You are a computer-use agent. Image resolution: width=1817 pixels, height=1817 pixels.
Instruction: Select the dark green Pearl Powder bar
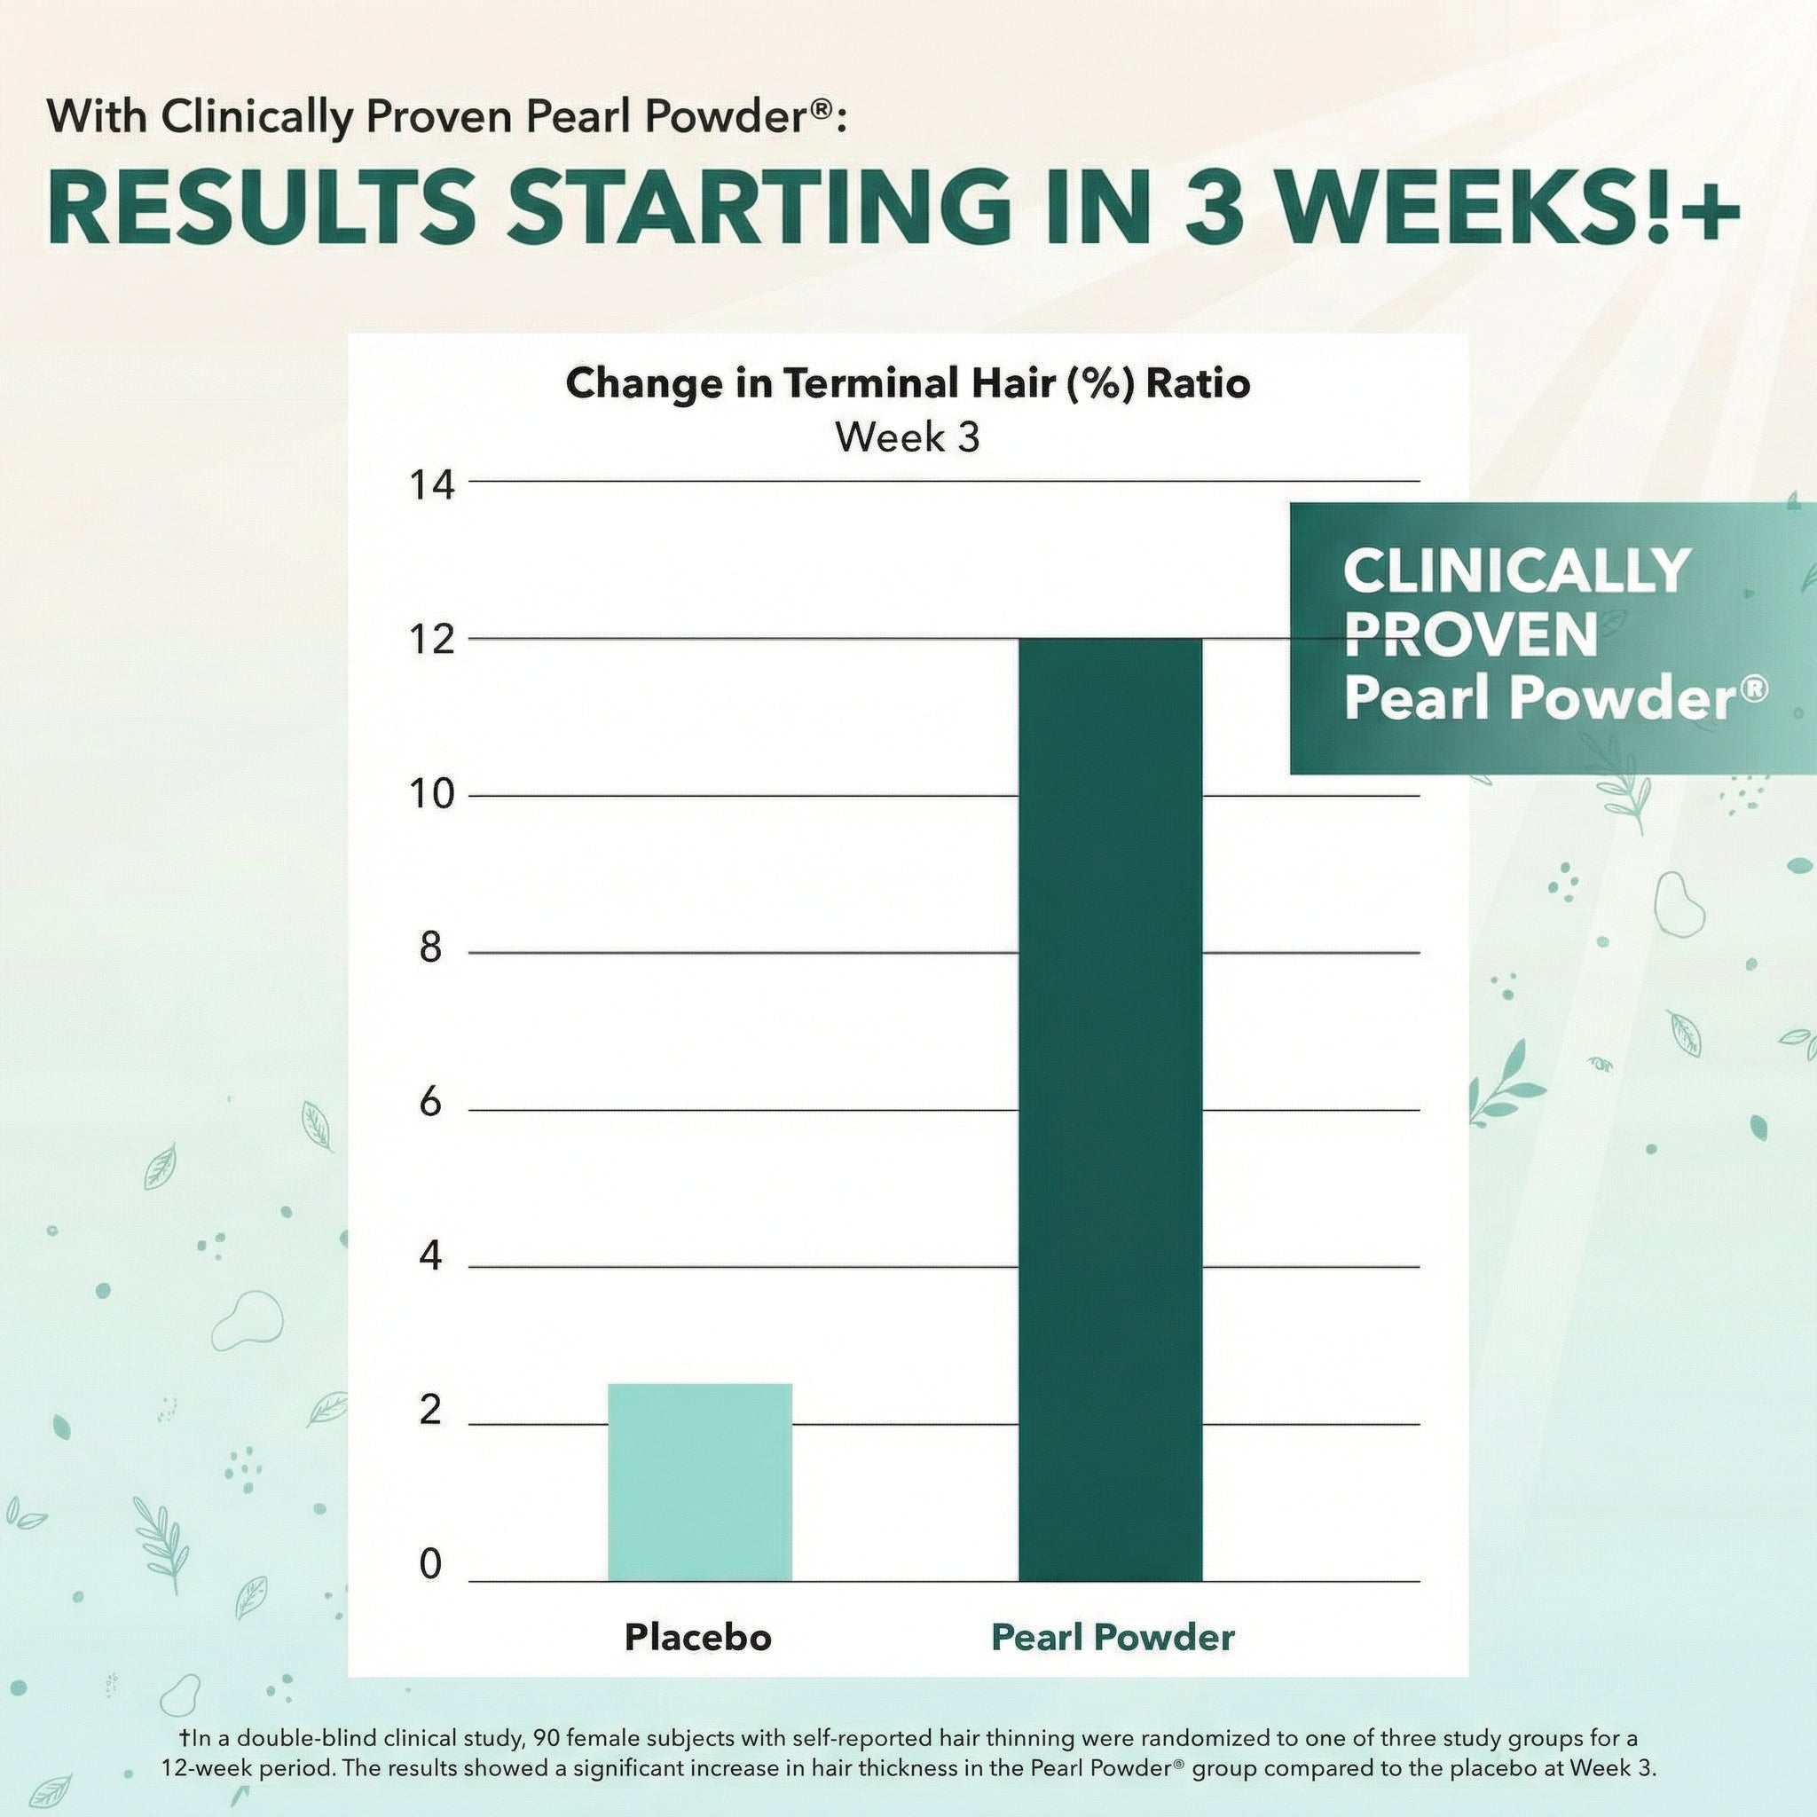(x=1110, y=1110)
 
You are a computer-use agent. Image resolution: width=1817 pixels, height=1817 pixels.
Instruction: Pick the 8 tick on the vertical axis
(x=430, y=948)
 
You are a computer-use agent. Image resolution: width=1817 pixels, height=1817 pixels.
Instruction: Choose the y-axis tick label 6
(x=430, y=1102)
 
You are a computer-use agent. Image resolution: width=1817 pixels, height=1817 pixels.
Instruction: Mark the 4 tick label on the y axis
(x=430, y=1256)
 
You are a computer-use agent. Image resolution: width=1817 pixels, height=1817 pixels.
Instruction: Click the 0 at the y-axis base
(x=430, y=1564)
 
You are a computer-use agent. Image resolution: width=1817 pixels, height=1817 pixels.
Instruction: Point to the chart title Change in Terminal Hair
(x=908, y=383)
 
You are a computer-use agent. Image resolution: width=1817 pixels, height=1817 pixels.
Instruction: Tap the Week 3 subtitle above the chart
(x=908, y=437)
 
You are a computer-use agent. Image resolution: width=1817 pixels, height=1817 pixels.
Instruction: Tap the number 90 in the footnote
(x=547, y=1737)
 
